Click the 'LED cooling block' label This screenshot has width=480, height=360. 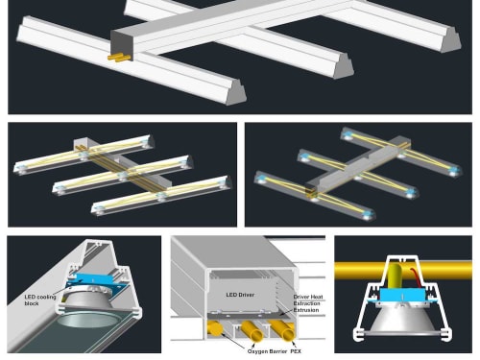click(x=40, y=300)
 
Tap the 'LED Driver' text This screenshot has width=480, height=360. click(x=240, y=295)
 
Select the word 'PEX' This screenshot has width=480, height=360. click(x=296, y=351)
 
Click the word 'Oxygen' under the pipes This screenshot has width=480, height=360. click(x=257, y=351)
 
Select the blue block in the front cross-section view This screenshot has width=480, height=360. click(x=402, y=295)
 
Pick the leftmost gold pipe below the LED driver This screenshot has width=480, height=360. click(x=215, y=328)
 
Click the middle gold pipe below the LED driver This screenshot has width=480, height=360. click(x=252, y=330)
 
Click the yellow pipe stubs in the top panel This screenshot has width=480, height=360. click(x=119, y=58)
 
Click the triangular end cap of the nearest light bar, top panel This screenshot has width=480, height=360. click(x=236, y=92)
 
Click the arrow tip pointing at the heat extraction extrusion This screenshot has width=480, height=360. click(x=277, y=316)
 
